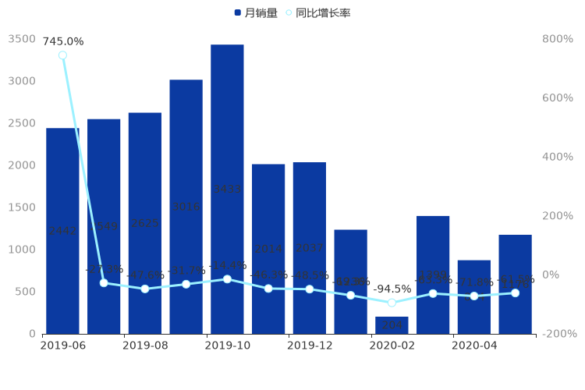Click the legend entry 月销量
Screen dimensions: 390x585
(255, 13)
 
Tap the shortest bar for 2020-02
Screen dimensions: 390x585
(392, 324)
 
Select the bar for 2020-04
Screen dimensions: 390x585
(473, 296)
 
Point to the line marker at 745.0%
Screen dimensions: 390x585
(62, 55)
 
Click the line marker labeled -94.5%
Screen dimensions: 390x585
(392, 303)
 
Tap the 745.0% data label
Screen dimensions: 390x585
(63, 41)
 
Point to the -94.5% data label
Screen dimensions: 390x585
(392, 289)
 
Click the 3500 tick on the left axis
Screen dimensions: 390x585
(22, 39)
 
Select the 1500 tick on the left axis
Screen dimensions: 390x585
(22, 207)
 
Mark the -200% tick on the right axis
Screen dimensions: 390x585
(561, 334)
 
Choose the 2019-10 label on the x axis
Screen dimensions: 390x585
(227, 345)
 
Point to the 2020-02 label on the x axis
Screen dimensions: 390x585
(392, 345)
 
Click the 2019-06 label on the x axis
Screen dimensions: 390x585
(62, 345)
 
